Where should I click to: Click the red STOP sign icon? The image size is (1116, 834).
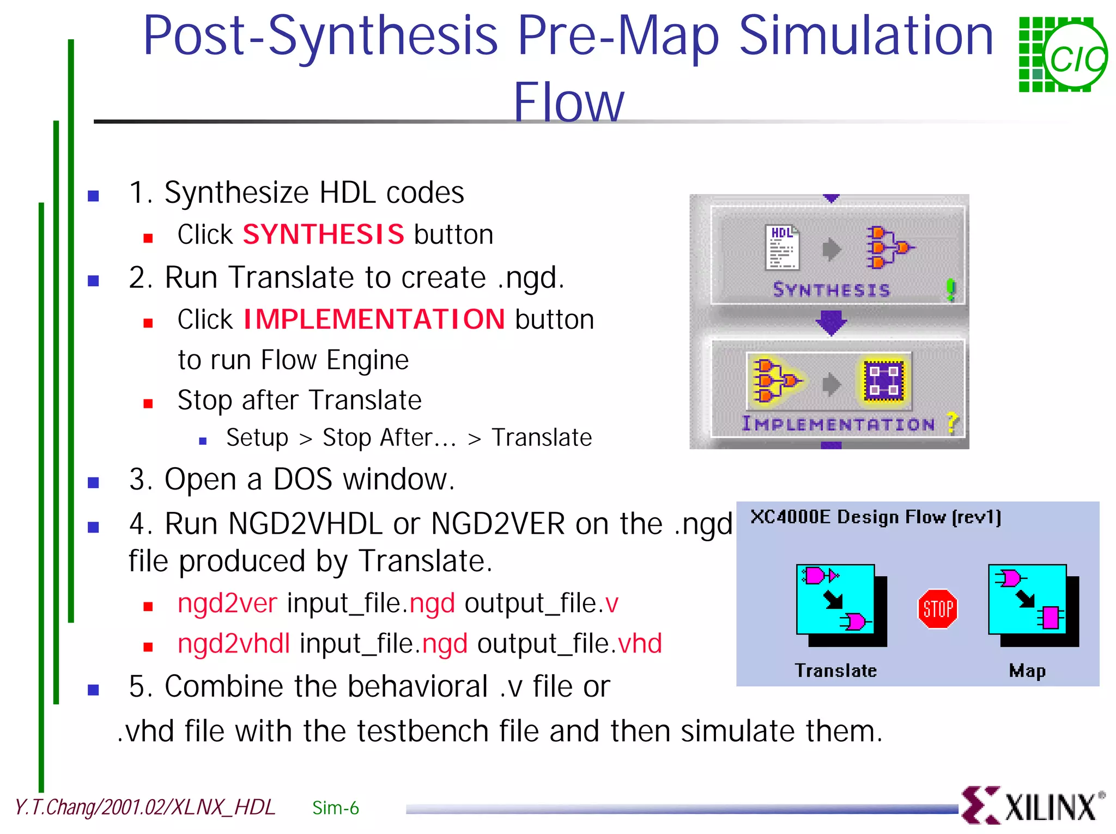tap(937, 608)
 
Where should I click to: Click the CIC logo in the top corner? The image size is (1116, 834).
tap(1063, 55)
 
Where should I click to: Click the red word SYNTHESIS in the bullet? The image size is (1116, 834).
tap(323, 234)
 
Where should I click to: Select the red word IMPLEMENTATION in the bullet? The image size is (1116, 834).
tap(374, 319)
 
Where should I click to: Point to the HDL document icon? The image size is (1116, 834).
tap(782, 247)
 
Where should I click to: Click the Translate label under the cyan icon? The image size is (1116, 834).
tap(835, 670)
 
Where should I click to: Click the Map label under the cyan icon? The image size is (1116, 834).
tap(1027, 670)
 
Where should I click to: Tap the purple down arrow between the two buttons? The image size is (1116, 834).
tap(831, 322)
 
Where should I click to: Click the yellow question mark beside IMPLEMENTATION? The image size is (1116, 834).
tap(952, 422)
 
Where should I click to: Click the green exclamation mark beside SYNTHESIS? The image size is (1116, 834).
tap(951, 289)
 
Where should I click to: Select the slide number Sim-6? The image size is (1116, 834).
tap(336, 808)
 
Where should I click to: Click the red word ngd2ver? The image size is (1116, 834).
tap(227, 603)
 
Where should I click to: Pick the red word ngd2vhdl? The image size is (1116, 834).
tap(234, 644)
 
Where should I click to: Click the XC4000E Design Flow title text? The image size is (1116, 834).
tap(875, 517)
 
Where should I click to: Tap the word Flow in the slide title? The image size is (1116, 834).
tap(568, 102)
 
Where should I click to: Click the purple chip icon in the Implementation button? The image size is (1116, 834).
tap(883, 380)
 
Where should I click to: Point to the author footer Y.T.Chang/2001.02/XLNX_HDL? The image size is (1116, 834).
tap(145, 807)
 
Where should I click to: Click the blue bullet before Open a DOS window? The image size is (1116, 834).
tap(94, 482)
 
